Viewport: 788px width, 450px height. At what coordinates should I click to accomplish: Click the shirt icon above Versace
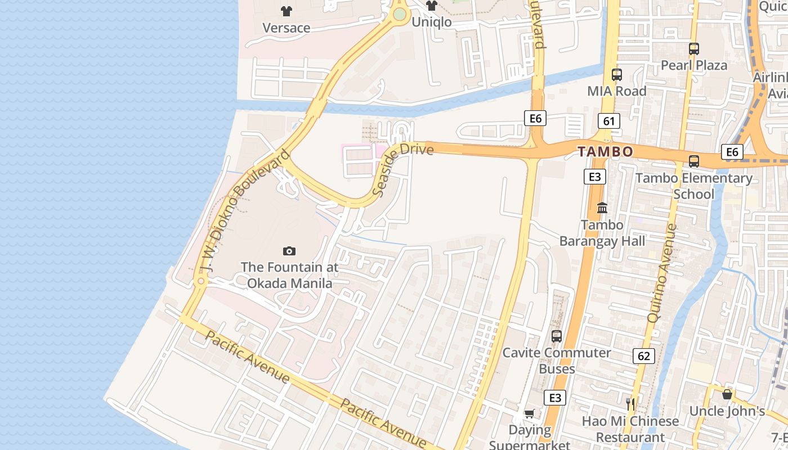coord(286,11)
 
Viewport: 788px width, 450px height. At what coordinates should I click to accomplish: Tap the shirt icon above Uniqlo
coord(431,6)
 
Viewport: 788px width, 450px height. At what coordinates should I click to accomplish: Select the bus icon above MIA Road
coord(617,74)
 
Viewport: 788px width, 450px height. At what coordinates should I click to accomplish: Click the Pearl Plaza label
coord(693,65)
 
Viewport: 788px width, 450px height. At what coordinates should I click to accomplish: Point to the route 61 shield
coord(608,120)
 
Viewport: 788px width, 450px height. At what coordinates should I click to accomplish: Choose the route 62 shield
coord(644,355)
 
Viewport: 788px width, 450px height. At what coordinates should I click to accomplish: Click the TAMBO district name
coord(605,151)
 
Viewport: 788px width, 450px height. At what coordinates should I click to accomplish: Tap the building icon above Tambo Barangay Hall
coord(602,208)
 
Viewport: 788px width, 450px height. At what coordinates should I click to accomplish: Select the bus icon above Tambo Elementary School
coord(694,161)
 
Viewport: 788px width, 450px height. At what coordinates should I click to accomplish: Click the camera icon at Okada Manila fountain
coord(289,251)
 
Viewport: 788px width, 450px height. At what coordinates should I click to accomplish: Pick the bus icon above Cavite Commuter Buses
coord(557,336)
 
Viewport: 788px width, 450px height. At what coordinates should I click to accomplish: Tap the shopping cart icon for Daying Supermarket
coord(529,414)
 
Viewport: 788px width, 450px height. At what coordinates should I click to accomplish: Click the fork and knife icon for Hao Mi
coord(630,404)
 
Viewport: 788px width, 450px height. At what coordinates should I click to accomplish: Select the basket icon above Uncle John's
coord(727,394)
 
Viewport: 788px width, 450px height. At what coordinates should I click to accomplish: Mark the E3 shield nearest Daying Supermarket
coord(555,398)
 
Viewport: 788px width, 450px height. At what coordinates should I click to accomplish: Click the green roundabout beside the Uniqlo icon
coord(400,15)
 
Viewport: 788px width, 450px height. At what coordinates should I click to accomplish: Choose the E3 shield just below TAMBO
coord(594,177)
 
